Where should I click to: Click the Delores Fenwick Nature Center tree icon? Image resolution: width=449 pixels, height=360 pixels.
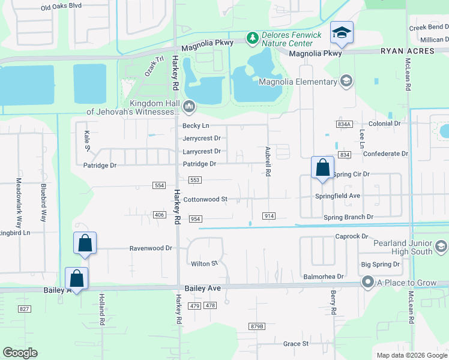click(253, 38)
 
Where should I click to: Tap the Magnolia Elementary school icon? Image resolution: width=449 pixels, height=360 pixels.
click(346, 81)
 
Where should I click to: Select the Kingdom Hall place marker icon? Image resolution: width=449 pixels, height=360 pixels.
click(190, 107)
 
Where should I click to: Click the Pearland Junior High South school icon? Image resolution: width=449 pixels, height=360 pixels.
click(441, 247)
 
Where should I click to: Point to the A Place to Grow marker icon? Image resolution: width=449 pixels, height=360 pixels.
click(367, 281)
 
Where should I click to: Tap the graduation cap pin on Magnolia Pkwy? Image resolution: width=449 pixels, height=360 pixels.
click(342, 34)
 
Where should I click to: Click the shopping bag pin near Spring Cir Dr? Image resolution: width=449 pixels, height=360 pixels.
click(322, 167)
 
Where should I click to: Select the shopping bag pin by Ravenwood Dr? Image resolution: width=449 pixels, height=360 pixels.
click(85, 244)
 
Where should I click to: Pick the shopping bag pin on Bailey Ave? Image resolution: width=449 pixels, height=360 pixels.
click(77, 278)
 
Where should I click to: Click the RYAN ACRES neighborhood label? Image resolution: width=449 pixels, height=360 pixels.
click(407, 51)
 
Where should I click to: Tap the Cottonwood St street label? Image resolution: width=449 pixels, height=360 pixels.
click(205, 199)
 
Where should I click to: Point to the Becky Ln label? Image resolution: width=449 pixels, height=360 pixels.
click(196, 125)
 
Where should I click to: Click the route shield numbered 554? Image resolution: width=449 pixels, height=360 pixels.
click(159, 185)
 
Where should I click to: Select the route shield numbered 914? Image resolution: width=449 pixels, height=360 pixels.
click(268, 215)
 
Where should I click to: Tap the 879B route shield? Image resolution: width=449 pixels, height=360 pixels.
click(256, 326)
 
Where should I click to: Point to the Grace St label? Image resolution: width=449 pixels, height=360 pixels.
click(296, 344)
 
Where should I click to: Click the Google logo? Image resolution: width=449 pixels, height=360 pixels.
click(20, 353)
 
